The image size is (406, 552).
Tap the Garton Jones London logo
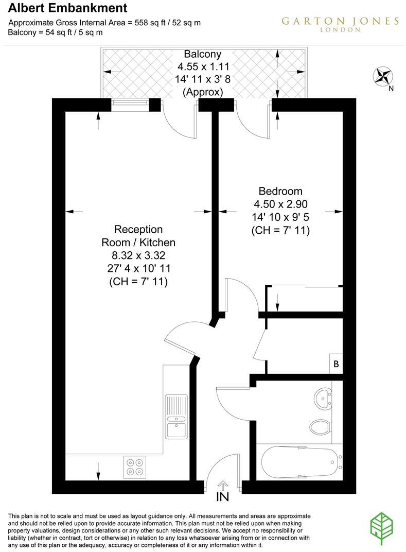(x=340, y=23)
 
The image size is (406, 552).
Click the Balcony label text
(x=203, y=54)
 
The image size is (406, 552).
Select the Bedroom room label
(x=280, y=191)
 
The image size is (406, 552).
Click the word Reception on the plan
(x=138, y=229)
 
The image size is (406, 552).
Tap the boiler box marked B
(x=336, y=364)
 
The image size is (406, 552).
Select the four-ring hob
(x=135, y=466)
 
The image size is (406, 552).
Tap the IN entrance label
(x=223, y=497)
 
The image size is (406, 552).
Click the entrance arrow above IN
(x=223, y=485)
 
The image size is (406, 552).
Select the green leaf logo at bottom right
(x=384, y=529)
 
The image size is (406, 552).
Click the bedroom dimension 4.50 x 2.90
(x=280, y=204)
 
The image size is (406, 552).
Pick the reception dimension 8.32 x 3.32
(x=138, y=255)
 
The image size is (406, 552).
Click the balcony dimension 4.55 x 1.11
(x=203, y=66)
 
